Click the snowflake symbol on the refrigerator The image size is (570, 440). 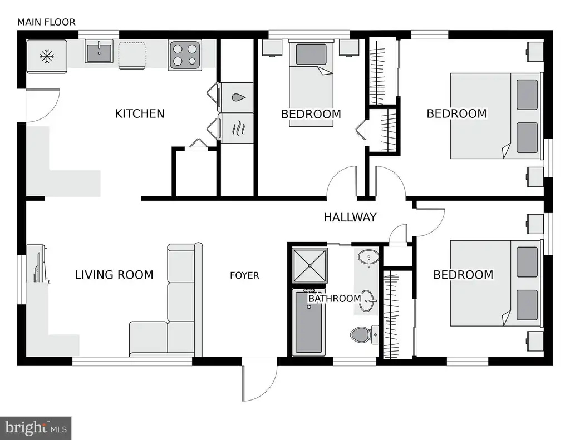click(47, 56)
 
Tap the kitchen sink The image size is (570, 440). click(99, 51)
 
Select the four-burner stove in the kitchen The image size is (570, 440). click(185, 55)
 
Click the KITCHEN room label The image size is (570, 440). click(140, 113)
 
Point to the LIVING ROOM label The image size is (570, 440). click(114, 275)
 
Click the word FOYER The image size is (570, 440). click(245, 275)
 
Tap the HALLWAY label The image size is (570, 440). click(350, 217)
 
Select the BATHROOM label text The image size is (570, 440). click(335, 299)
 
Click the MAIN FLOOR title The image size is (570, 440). click(47, 22)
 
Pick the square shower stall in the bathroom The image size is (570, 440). click(309, 265)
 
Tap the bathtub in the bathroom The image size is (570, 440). click(308, 322)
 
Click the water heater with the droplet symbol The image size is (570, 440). click(235, 97)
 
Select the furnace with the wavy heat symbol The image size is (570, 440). click(235, 128)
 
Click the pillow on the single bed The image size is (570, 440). click(311, 55)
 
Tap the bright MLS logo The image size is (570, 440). click(36, 428)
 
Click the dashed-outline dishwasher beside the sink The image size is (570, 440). click(132, 55)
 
